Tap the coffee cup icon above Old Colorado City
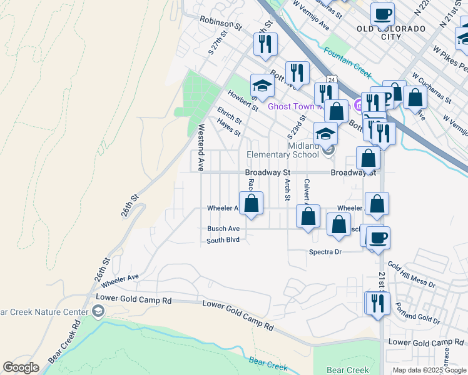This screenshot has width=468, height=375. pos(382,13)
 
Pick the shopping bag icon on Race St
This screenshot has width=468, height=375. pos(252,203)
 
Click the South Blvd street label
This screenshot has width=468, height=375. pos(223,240)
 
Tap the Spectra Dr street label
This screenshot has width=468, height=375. pos(325,252)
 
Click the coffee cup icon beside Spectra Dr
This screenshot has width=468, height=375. pos(379,237)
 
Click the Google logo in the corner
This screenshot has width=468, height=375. pos(21,367)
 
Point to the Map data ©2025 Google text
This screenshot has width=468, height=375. pos(429,370)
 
